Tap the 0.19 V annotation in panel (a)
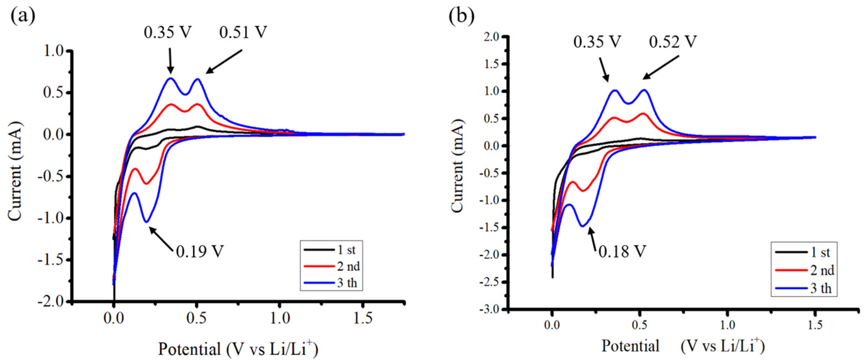pyautogui.click(x=200, y=251)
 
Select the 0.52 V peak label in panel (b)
pyautogui.click(x=673, y=42)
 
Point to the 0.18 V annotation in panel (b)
pyautogui.click(x=622, y=252)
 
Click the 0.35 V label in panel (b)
pyautogui.click(x=597, y=42)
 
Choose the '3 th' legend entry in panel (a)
pyautogui.click(x=347, y=283)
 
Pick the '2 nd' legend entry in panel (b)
pyautogui.click(x=822, y=270)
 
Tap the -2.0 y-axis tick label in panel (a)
pyautogui.click(x=52, y=301)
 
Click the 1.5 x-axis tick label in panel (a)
pyautogui.click(x=362, y=318)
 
